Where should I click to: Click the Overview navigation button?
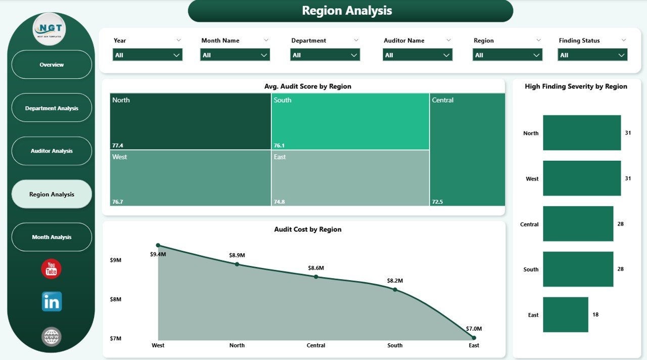coord(52,65)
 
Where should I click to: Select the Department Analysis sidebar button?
coord(52,108)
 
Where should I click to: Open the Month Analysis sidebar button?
coord(52,237)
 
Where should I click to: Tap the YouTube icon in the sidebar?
coord(51,269)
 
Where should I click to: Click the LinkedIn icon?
coord(52,301)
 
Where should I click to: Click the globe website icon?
coord(52,337)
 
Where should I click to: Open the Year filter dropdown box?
coord(147,55)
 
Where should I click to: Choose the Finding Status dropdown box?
coord(592,55)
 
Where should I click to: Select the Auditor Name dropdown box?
coord(418,55)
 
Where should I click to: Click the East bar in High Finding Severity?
coord(566,314)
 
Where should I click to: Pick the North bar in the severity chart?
coord(582,132)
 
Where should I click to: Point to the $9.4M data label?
coord(158,254)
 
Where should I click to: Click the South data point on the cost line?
coord(395,290)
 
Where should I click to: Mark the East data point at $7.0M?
coord(474,338)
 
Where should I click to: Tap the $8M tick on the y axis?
coord(116,299)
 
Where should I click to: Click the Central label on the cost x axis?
coord(316,346)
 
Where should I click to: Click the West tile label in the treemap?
coord(120,157)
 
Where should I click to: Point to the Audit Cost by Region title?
coord(307,230)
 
